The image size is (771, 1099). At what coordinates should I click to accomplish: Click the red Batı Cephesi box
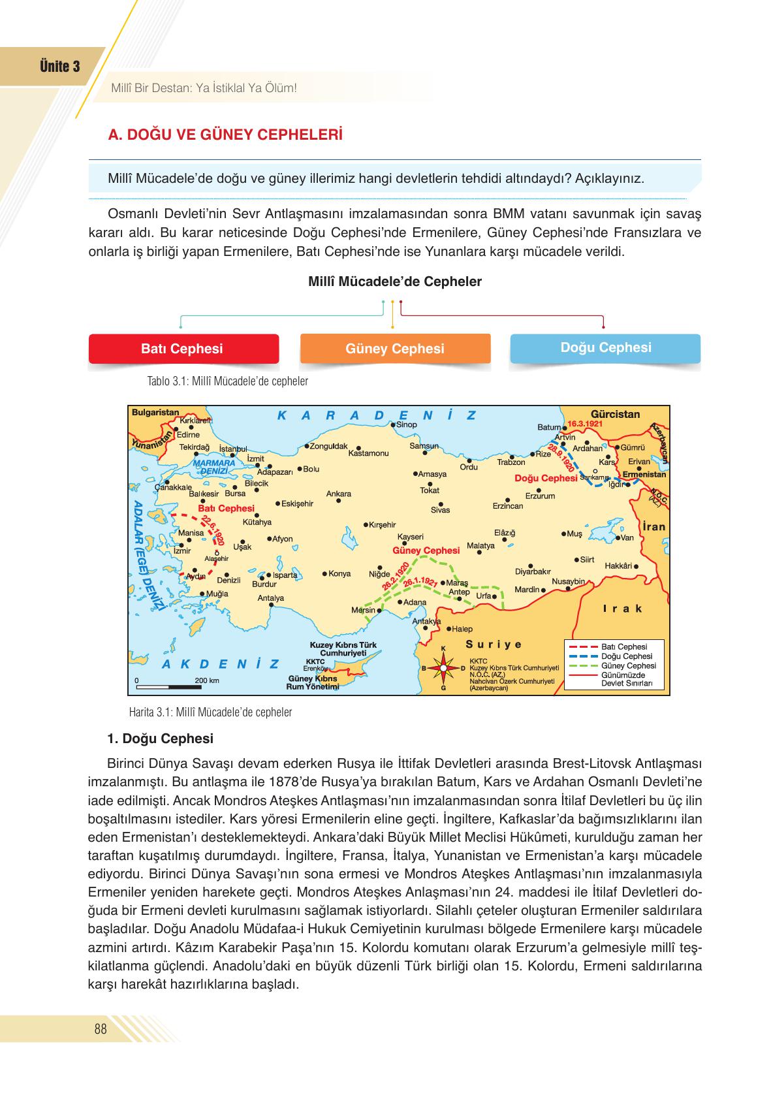[182, 349]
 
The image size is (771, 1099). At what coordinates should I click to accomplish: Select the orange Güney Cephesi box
[394, 349]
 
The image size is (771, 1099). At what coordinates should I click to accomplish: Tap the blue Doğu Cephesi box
[605, 347]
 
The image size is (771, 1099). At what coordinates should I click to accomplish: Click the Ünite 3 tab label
[60, 67]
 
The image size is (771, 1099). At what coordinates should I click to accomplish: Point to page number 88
[101, 1030]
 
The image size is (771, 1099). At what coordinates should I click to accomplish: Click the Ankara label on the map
[338, 494]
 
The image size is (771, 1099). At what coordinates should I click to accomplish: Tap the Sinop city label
[407, 424]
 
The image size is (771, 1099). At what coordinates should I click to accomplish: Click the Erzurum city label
[540, 496]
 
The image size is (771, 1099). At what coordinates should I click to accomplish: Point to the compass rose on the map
[443, 669]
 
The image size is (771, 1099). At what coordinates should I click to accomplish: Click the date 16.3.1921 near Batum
[585, 423]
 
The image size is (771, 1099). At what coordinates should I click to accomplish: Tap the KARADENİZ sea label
[376, 415]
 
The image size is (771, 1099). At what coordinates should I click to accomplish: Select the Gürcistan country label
[615, 414]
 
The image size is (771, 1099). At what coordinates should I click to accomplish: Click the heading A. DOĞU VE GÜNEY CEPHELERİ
[225, 135]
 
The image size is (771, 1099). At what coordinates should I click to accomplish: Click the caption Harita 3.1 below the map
[210, 712]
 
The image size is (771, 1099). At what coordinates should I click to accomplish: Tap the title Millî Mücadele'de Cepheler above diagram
[394, 281]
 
